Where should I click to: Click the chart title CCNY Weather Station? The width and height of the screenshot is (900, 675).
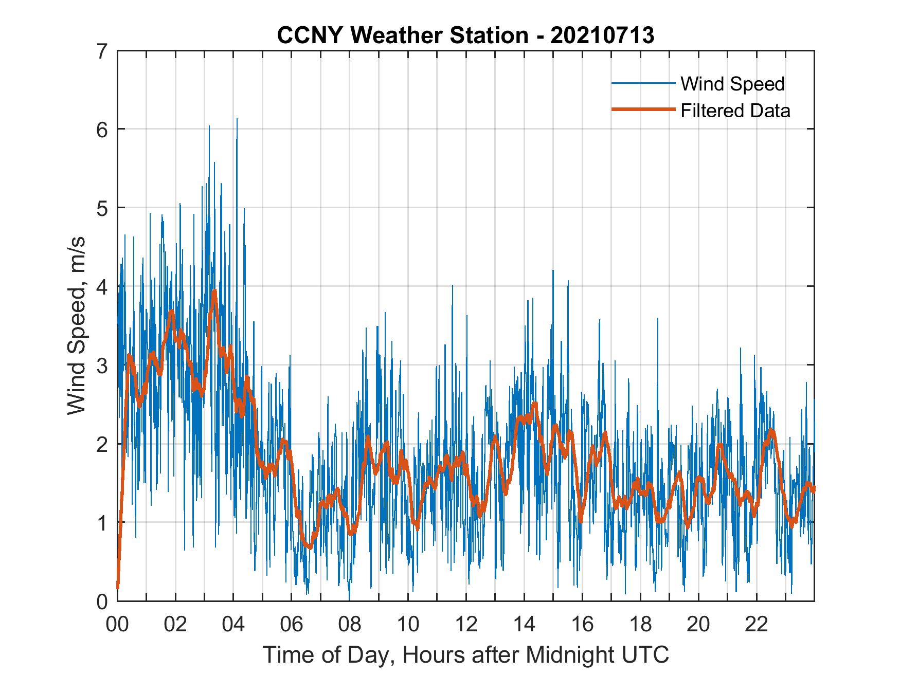coord(402,35)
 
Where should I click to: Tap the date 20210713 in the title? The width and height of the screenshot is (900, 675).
coord(602,35)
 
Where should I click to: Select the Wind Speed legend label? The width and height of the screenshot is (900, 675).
coord(732,84)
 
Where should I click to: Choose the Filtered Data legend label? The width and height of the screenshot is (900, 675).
coord(735,111)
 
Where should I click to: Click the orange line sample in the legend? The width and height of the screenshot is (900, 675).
coord(643,110)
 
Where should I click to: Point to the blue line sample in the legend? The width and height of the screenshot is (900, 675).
coord(643,83)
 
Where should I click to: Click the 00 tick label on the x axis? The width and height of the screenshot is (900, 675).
coord(117,625)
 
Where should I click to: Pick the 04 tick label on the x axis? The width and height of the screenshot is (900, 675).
coord(233,625)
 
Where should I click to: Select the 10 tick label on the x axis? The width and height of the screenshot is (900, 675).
coord(408,625)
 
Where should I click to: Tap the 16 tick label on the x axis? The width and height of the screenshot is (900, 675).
coord(582,625)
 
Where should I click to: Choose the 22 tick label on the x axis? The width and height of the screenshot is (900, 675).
coord(757,625)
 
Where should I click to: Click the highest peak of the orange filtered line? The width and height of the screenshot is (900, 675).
coord(214,291)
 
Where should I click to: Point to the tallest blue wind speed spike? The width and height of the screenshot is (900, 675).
coord(237,119)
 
